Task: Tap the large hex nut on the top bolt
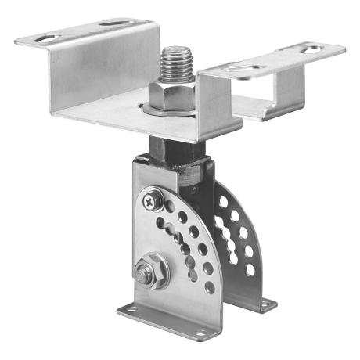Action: pyautogui.click(x=173, y=92)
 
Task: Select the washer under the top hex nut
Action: pyautogui.click(x=173, y=108)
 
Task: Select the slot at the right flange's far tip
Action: pyautogui.click(x=311, y=49)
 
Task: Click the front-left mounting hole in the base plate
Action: pyautogui.click(x=132, y=311)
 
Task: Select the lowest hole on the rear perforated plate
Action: pyautogui.click(x=250, y=270)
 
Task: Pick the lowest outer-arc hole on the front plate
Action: pyautogui.click(x=209, y=286)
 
